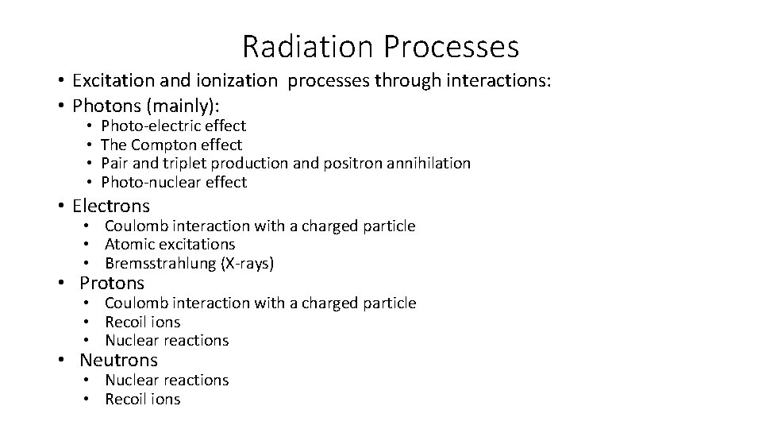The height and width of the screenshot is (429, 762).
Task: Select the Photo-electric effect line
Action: (173, 126)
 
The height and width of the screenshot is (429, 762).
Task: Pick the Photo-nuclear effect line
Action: (174, 183)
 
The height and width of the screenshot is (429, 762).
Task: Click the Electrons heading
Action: (110, 207)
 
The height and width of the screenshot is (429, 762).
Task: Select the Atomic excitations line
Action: (170, 245)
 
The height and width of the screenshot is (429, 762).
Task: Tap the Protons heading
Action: (112, 283)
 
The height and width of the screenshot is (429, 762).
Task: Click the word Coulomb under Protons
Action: (134, 303)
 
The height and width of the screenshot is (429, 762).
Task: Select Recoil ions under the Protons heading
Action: (142, 322)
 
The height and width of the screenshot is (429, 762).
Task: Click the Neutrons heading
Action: (118, 361)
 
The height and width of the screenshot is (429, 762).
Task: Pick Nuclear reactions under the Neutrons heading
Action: (167, 381)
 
